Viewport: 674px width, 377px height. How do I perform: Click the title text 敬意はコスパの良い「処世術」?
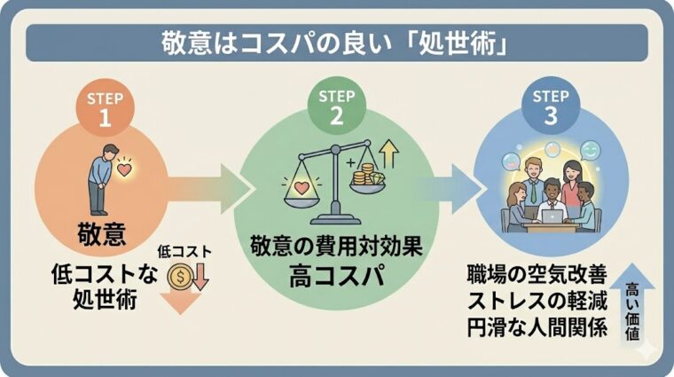point(334,42)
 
